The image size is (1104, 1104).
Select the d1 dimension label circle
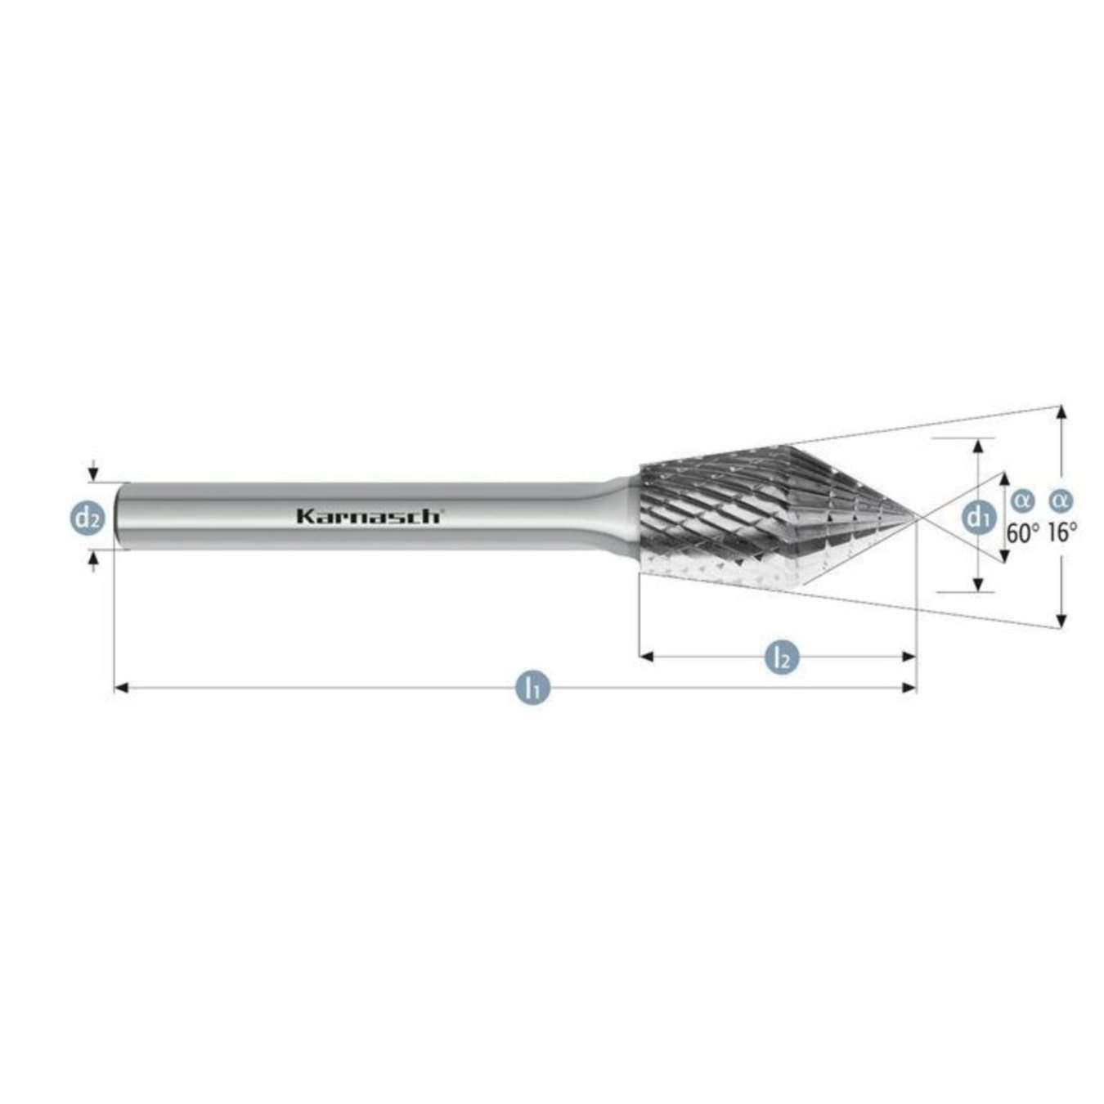point(978,517)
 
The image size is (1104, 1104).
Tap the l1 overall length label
point(532,688)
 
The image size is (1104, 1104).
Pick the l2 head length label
point(782,657)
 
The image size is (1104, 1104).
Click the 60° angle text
point(1022,533)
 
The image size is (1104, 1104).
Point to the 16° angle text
point(1062,533)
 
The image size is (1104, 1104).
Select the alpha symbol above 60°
point(1022,500)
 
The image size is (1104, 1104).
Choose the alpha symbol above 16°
point(1061,500)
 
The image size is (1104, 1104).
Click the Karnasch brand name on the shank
point(369,516)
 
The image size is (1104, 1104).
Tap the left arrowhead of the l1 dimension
point(121,688)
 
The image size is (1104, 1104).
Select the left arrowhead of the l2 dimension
point(646,656)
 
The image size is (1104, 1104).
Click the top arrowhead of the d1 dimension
point(978,446)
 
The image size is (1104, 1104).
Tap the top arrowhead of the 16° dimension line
point(1061,412)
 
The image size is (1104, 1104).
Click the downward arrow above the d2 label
point(94,473)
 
